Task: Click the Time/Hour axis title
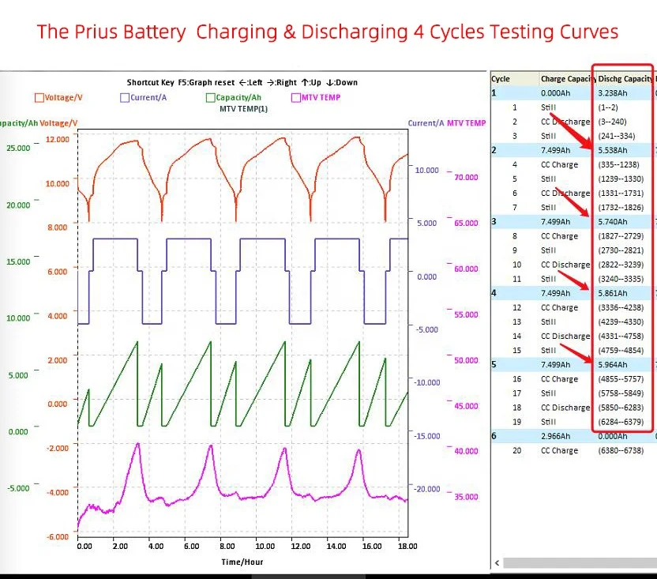click(242, 562)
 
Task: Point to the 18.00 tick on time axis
click(406, 546)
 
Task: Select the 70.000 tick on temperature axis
click(466, 178)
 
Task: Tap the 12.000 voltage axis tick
click(58, 139)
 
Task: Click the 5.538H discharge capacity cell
click(613, 150)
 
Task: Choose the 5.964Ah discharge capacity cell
click(613, 365)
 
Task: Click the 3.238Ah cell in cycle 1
click(613, 92)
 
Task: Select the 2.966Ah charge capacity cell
click(556, 436)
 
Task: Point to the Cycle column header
click(501, 79)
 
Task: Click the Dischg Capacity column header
click(624, 79)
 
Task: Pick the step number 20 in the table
click(515, 450)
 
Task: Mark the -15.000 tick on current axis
click(427, 436)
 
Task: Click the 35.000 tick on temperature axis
click(466, 497)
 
